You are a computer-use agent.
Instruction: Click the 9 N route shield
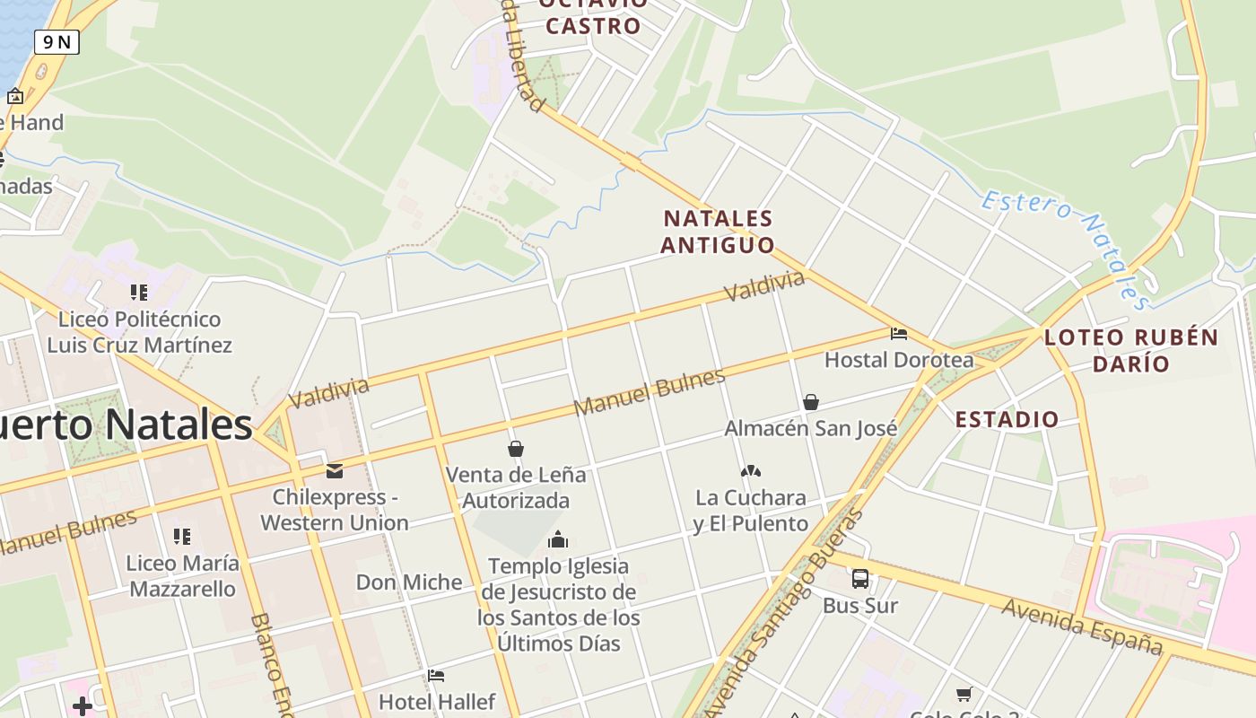coord(57,41)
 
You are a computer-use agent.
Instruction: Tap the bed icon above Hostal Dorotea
coord(899,334)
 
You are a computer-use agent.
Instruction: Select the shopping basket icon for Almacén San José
coord(811,402)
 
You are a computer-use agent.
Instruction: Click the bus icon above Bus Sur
coord(859,579)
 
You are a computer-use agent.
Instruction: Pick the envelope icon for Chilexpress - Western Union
coord(335,470)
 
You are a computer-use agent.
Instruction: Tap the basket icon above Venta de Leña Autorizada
coord(516,449)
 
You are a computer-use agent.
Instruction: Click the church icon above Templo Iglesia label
coord(558,539)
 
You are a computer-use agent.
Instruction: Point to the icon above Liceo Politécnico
coord(138,293)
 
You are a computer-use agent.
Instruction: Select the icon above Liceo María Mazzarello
coord(182,537)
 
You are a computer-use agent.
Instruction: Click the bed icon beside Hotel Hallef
coord(436,676)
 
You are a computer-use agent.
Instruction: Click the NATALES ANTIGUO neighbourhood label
coord(718,232)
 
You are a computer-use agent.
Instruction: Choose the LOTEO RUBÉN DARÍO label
coord(1131,350)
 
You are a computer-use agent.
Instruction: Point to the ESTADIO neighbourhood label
coord(1007,419)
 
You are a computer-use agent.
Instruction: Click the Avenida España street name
coord(1082,626)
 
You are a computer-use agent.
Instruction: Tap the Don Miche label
coord(409,582)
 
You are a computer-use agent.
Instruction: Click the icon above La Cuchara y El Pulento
coord(751,471)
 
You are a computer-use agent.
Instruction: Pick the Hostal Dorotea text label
coord(899,360)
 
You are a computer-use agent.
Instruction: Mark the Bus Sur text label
coord(860,606)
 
